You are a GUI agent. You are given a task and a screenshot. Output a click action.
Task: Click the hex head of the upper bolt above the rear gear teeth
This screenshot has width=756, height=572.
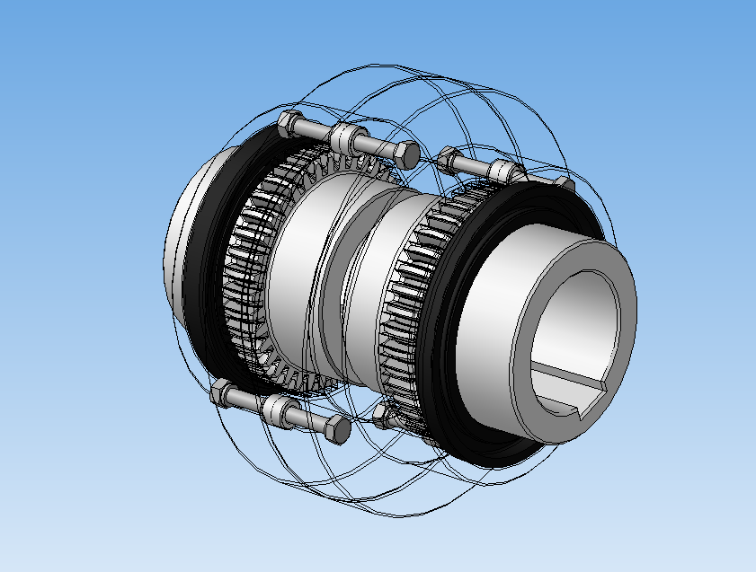[x=405, y=154]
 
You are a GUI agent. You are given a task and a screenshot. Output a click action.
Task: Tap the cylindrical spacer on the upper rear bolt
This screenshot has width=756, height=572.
[x=342, y=137]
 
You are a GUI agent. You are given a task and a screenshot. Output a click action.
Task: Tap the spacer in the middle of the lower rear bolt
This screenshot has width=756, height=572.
[x=273, y=409]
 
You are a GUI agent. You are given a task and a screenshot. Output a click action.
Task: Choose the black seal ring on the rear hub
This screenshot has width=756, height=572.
[x=211, y=269]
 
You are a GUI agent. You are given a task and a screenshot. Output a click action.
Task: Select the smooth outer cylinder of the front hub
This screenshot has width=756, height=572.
[x=494, y=296]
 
